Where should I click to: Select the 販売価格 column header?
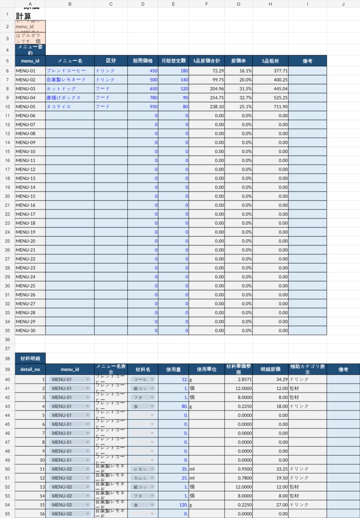143,61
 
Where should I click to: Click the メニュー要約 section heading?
30,50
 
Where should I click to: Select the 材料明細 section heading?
30,359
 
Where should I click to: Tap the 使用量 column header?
173,370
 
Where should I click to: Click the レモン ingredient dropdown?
142,469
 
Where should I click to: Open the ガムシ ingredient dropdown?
142,478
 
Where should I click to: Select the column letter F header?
206,4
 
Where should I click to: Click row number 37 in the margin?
7,349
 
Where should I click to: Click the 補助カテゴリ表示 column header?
307,370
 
